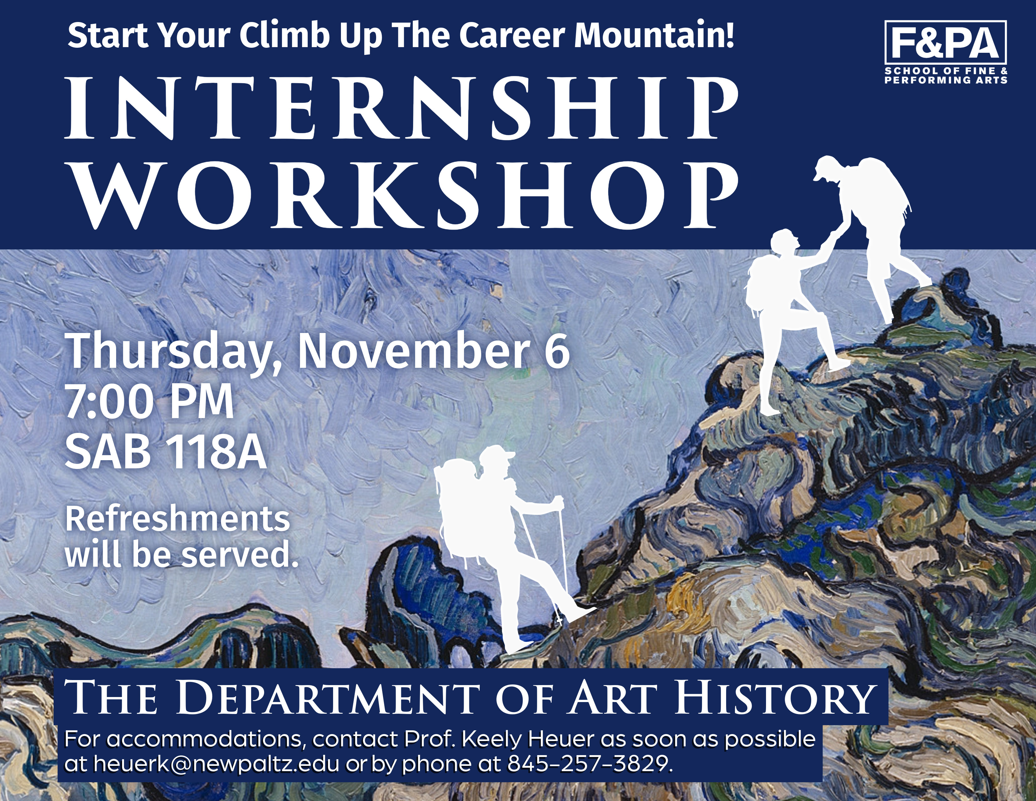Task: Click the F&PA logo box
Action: click(x=946, y=42)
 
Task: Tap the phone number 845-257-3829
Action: click(x=590, y=764)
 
